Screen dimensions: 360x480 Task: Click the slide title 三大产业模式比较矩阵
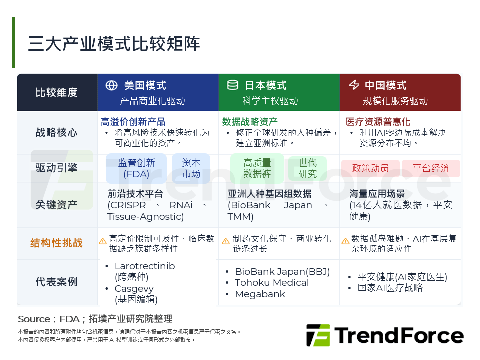pyautogui.click(x=114, y=44)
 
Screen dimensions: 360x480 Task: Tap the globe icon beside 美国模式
pyautogui.click(x=111, y=85)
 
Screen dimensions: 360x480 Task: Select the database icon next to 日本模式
pyautogui.click(x=232, y=85)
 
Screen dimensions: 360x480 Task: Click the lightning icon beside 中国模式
pyautogui.click(x=354, y=85)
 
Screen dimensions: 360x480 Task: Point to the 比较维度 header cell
pyautogui.click(x=57, y=92)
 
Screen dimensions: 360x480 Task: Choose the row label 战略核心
pyautogui.click(x=57, y=133)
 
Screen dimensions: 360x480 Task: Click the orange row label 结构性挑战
pyautogui.click(x=57, y=243)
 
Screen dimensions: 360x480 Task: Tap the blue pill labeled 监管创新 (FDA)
pyautogui.click(x=136, y=168)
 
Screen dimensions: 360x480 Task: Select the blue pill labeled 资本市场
pyautogui.click(x=191, y=168)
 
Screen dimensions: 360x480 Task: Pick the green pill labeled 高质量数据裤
pyautogui.click(x=257, y=168)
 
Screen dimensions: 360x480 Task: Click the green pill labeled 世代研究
pyautogui.click(x=308, y=168)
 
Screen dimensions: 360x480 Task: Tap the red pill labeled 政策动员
pyautogui.click(x=370, y=168)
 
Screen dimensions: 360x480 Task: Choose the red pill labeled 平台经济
pyautogui.click(x=431, y=168)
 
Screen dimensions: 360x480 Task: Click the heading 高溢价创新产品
pyautogui.click(x=133, y=122)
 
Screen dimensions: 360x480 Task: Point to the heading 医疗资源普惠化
pyautogui.click(x=378, y=122)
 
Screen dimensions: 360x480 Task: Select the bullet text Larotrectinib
pyautogui.click(x=145, y=266)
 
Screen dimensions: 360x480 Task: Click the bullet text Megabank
pyautogui.click(x=260, y=294)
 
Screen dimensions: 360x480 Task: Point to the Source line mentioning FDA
pyautogui.click(x=95, y=319)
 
